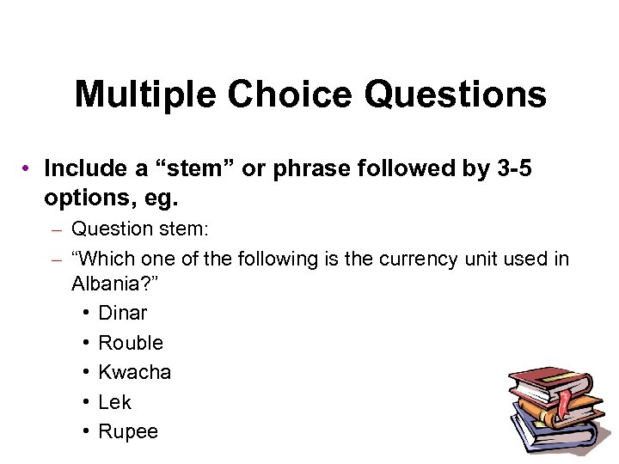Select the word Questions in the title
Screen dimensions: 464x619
tap(456, 95)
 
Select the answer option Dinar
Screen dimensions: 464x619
tap(122, 313)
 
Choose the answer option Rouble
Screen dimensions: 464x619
tap(131, 343)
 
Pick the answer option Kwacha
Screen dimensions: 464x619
tap(134, 372)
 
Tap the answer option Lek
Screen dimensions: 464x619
tap(114, 402)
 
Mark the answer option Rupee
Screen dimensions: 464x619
tap(128, 431)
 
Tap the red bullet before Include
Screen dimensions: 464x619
tap(28, 168)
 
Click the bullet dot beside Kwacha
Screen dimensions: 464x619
tap(89, 372)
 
